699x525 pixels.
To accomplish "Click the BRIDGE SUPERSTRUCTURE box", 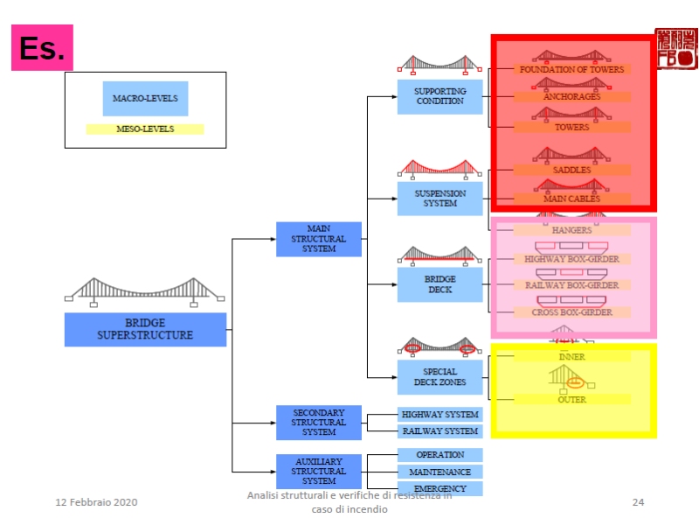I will (145, 329).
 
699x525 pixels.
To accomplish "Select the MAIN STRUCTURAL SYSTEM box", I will (319, 239).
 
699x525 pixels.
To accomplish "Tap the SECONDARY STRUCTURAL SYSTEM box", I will (319, 422).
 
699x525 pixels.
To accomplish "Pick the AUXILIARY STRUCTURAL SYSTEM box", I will (319, 471).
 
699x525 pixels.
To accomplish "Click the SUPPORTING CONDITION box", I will (440, 96).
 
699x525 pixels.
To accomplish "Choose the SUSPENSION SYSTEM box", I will (440, 199).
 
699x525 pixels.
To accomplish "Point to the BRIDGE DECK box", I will (440, 284).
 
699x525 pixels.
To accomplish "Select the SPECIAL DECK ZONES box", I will (440, 377).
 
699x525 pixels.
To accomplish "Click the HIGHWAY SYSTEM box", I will (440, 415).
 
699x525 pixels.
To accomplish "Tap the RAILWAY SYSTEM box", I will (440, 430).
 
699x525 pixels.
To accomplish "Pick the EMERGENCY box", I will (440, 488).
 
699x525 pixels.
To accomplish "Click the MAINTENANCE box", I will (440, 472).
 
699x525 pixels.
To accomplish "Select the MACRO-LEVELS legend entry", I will (145, 98).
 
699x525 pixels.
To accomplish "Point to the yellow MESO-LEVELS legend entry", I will (145, 129).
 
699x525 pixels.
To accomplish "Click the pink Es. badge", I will (42, 47).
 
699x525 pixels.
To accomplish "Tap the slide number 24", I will (638, 502).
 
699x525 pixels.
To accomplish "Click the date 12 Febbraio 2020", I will (97, 502).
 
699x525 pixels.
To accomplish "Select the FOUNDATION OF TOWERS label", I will (571, 69).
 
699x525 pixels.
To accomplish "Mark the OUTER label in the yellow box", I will (571, 400).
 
